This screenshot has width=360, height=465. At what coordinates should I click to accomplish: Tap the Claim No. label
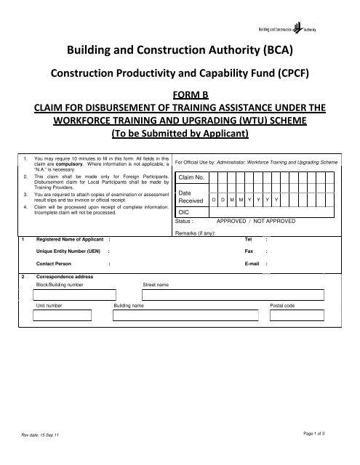click(x=191, y=177)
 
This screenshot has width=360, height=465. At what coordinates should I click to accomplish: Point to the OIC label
click(x=184, y=211)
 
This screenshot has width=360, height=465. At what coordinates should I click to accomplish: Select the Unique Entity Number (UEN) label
click(x=65, y=251)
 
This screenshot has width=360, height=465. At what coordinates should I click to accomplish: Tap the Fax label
click(x=249, y=251)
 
